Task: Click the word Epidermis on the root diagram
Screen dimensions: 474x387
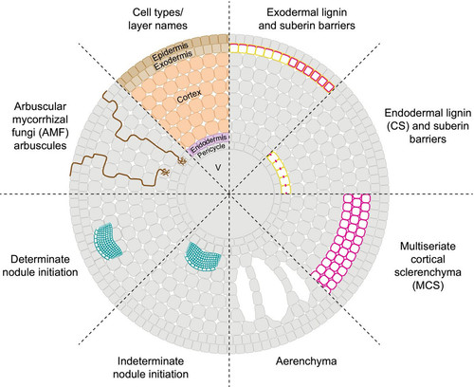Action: (x=171, y=51)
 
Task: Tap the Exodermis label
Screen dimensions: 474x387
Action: (x=173, y=60)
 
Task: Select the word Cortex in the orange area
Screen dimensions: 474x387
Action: (x=189, y=97)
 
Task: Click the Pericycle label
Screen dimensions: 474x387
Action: (x=211, y=151)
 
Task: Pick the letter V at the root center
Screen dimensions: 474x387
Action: (x=218, y=167)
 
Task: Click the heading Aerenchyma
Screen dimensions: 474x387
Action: (x=306, y=360)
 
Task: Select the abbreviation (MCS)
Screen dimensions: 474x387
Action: (x=428, y=286)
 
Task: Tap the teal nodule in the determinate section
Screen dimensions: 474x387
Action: (x=108, y=241)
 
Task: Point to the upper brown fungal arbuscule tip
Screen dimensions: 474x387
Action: (x=181, y=160)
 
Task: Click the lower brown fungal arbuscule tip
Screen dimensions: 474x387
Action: (x=165, y=173)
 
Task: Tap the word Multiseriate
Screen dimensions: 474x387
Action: (x=428, y=246)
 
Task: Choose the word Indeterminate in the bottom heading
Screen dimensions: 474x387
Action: (x=151, y=360)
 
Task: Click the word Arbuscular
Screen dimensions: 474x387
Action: (x=40, y=106)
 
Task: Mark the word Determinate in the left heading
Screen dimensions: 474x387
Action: (x=40, y=259)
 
